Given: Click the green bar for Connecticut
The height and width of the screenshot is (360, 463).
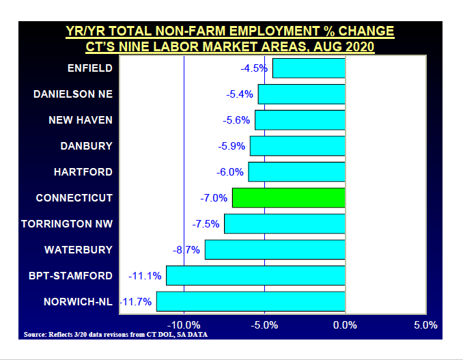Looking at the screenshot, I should (x=289, y=197).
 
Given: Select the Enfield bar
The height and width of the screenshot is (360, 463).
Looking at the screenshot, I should (x=309, y=68).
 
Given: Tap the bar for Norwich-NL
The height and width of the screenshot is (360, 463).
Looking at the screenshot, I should (x=251, y=301).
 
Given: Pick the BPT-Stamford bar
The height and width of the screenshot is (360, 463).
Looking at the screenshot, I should (x=255, y=275).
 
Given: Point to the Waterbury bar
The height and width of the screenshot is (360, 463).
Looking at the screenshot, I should (x=275, y=249).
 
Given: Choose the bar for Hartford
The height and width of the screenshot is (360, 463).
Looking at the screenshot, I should (x=297, y=171).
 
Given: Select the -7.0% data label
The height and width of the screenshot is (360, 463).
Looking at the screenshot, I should (x=214, y=198).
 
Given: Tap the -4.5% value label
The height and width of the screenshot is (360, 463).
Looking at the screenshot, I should (x=253, y=68).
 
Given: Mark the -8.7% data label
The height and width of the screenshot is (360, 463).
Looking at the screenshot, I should (x=187, y=250).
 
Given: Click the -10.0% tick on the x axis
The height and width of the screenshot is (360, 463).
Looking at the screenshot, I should (x=184, y=324).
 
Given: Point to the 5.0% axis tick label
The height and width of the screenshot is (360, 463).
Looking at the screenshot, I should (x=425, y=324).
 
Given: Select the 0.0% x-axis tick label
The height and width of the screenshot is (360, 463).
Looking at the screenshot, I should (x=345, y=324).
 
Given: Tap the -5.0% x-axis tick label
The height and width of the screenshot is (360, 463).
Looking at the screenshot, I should (x=264, y=324).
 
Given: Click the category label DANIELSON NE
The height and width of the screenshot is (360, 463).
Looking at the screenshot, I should (x=72, y=94).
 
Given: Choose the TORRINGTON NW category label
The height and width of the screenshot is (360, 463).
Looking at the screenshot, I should (x=66, y=223).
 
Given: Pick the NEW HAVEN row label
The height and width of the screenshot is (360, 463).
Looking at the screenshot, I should (x=81, y=120).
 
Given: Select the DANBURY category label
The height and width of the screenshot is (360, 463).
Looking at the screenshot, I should (x=86, y=146).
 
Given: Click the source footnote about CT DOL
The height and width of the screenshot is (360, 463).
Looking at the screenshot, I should (x=115, y=335).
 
